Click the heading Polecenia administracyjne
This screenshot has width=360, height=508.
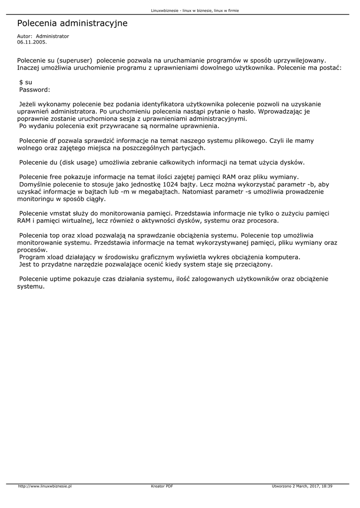click(72, 23)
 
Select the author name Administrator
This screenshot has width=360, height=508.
click(52, 36)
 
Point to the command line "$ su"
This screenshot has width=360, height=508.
click(25, 82)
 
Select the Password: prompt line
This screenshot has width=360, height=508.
click(35, 90)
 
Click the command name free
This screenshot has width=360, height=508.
click(56, 177)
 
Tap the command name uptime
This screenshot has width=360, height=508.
click(60, 279)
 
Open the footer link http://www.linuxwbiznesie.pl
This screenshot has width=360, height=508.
click(45, 487)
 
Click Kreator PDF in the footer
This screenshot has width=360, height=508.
click(162, 487)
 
